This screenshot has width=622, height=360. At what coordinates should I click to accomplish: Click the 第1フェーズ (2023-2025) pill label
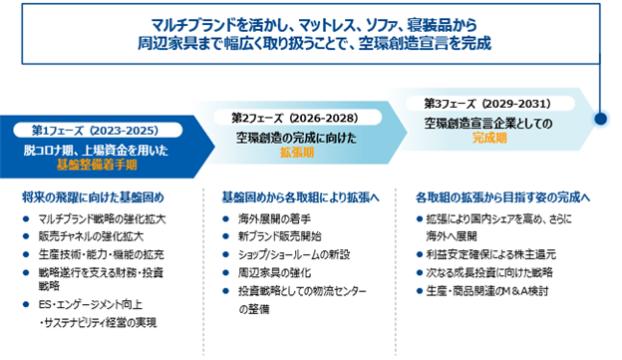coord(98,131)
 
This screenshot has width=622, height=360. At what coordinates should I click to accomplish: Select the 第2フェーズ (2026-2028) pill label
coord(297,118)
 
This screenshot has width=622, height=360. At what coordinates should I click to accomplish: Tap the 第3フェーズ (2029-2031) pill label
coord(490,104)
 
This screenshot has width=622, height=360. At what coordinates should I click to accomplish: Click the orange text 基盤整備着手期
coord(97,165)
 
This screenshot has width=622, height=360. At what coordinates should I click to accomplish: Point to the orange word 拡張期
coord(297,152)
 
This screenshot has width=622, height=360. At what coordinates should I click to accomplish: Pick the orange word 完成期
coord(489,138)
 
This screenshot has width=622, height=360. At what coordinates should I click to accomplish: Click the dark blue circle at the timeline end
coord(601,119)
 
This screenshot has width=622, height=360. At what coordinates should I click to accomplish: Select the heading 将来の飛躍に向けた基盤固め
coord(93,197)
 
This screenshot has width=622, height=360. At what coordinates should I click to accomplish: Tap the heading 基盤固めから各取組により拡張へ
coord(300,197)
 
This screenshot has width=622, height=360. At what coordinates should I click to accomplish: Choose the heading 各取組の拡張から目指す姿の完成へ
coord(503,197)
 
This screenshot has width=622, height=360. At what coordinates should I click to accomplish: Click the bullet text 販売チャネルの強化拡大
coord(91,236)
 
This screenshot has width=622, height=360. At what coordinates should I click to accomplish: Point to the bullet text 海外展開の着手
coord(274,218)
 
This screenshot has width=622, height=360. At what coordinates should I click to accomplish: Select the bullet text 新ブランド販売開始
coord(280,236)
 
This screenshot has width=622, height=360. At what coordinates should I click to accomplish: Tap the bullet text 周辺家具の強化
coord(274,272)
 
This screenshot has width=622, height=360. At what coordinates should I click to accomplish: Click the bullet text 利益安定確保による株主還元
coord(491,254)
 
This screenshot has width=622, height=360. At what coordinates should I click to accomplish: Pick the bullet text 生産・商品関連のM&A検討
coord(487,291)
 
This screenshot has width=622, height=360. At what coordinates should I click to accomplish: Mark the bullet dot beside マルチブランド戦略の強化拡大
coord(26,218)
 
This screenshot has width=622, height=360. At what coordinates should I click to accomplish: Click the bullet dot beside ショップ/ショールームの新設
coord(225,254)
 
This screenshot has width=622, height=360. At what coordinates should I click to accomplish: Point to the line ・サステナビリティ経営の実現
coord(98,323)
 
